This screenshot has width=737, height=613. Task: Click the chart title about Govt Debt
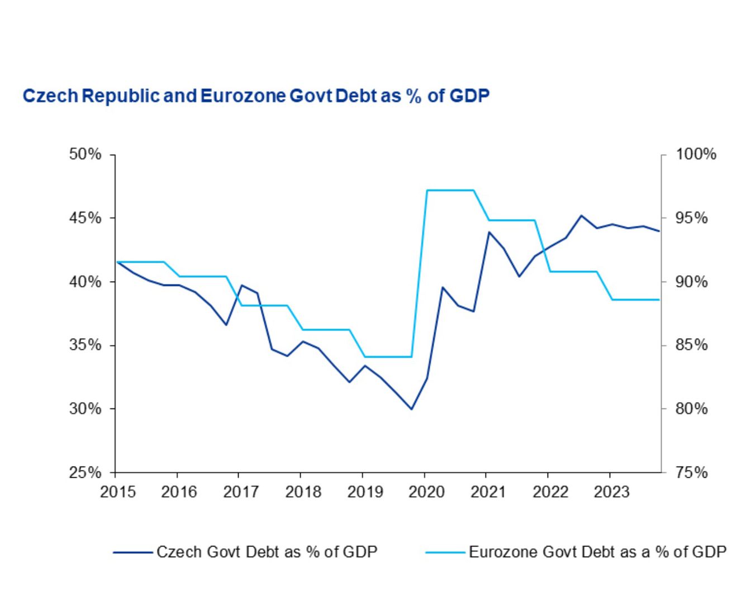tap(256, 96)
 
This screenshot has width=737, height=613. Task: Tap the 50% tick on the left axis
tap(85, 154)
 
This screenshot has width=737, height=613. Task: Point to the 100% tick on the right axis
tap(696, 154)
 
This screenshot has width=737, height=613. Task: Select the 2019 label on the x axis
tap(365, 492)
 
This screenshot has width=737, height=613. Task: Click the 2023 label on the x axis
tap(611, 492)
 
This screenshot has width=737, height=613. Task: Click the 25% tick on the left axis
tap(85, 473)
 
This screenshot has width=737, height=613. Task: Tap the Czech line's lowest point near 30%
tap(411, 409)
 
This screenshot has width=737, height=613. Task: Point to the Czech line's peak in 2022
tap(581, 215)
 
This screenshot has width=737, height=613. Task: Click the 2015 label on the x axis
tap(118, 492)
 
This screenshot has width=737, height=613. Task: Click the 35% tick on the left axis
tap(85, 345)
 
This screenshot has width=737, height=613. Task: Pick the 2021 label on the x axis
tap(488, 492)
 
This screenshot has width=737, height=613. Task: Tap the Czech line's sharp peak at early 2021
tap(489, 232)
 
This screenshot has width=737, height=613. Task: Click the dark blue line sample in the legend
tap(133, 553)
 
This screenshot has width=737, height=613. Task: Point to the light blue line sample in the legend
tap(445, 553)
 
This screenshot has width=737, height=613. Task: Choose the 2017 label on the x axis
tap(241, 492)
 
